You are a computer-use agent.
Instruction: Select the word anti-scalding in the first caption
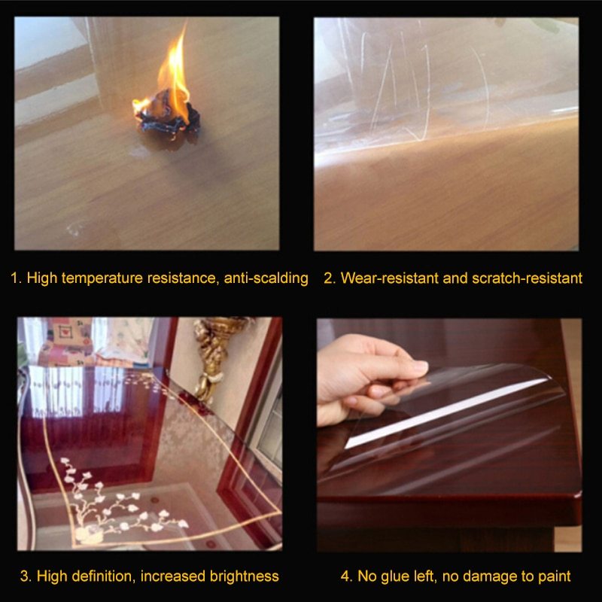click(x=266, y=278)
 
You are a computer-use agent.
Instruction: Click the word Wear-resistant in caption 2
click(x=390, y=278)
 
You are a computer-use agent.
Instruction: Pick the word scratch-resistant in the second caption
click(x=528, y=278)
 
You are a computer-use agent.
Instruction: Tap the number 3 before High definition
click(x=25, y=576)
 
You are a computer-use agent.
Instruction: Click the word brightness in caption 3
click(x=245, y=576)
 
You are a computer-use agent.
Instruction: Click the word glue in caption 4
click(x=394, y=576)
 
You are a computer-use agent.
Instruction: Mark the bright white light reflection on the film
click(x=445, y=414)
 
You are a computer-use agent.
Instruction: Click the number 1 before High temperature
click(x=15, y=278)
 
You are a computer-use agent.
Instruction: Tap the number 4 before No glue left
click(x=346, y=576)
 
